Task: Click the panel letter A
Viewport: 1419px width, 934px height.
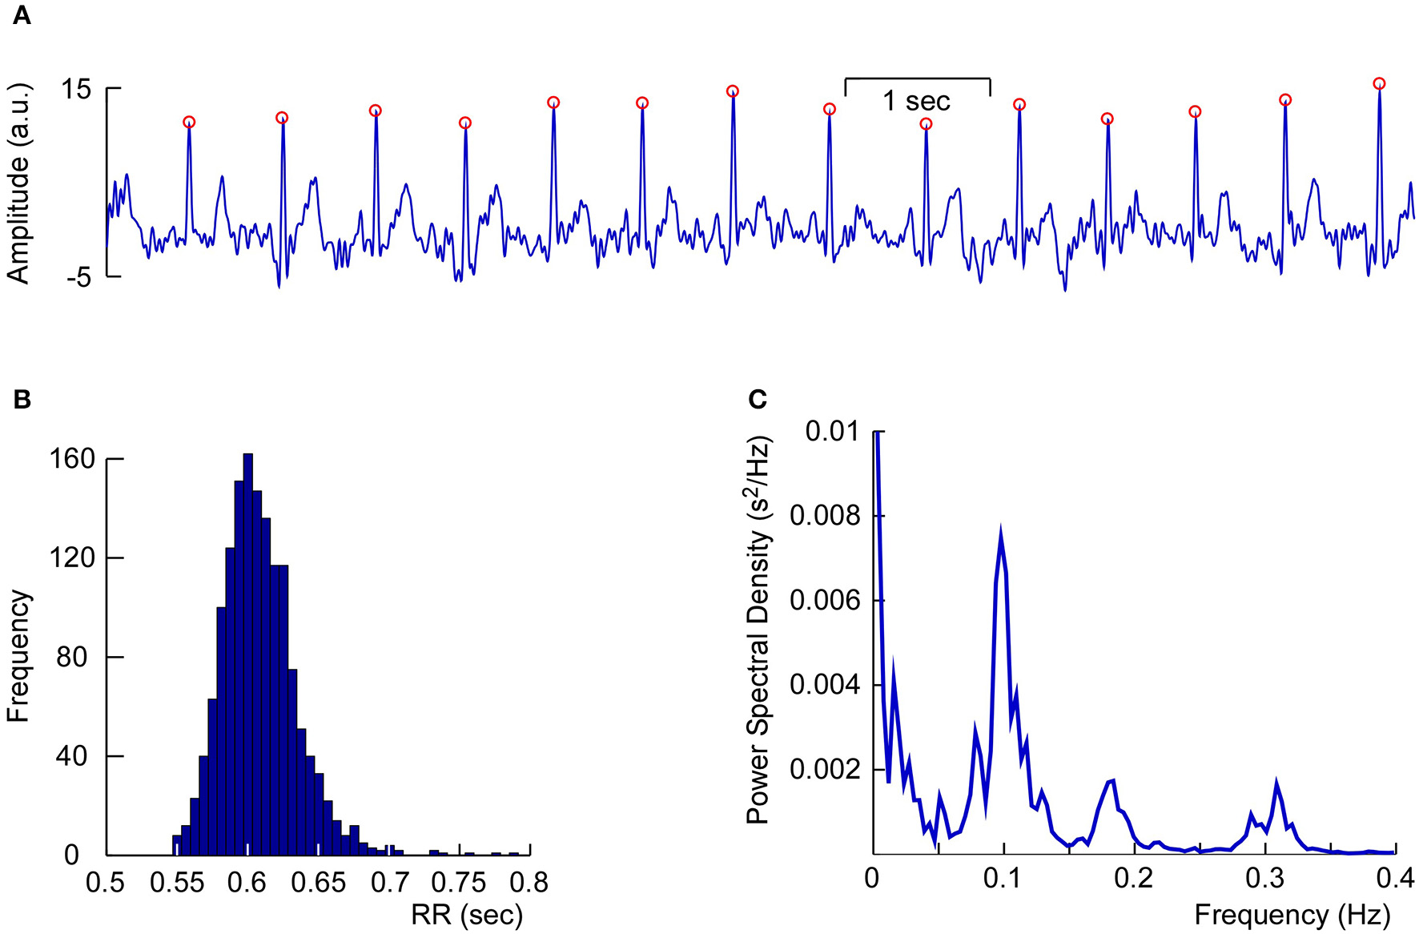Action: click(22, 15)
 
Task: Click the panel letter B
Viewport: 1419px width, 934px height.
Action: click(22, 399)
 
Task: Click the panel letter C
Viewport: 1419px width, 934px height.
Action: click(757, 399)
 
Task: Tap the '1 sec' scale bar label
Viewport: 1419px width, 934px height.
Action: click(916, 102)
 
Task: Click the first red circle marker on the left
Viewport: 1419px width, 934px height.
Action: click(189, 123)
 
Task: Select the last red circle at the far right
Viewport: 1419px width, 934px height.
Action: click(1379, 83)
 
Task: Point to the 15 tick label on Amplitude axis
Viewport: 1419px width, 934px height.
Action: click(76, 89)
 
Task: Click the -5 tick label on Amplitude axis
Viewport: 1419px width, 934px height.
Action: click(80, 278)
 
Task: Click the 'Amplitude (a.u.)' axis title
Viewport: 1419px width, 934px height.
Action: click(18, 183)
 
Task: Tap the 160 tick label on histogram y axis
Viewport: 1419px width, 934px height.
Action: click(72, 459)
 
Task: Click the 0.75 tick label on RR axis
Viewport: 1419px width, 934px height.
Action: click(460, 883)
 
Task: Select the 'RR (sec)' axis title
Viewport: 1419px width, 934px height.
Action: click(467, 915)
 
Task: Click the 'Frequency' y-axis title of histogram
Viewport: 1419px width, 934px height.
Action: click(18, 657)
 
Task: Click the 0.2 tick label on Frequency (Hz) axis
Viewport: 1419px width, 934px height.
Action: click(1134, 879)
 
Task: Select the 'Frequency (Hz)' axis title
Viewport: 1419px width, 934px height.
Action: click(1292, 915)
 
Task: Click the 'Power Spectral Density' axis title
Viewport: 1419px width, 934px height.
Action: click(758, 631)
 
